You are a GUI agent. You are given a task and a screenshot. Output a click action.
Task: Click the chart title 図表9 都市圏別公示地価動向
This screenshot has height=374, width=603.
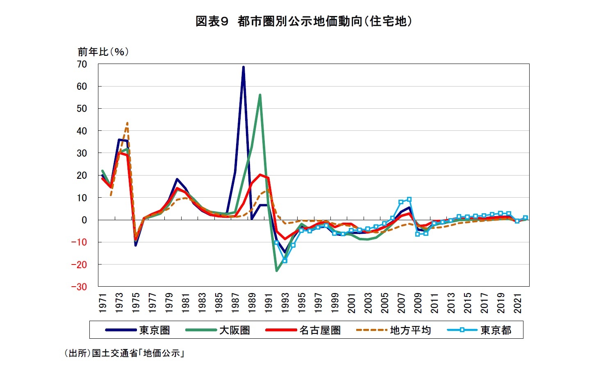303,21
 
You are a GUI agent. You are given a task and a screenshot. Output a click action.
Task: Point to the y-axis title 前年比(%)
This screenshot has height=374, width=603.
103,52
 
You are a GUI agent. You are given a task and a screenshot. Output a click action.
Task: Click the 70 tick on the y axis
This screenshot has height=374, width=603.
82,64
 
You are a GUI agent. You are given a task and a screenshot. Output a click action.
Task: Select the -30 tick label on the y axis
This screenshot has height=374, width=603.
79,287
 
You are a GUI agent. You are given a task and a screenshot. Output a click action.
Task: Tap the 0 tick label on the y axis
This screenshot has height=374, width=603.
84,220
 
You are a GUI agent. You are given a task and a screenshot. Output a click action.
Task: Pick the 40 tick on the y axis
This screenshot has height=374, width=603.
82,131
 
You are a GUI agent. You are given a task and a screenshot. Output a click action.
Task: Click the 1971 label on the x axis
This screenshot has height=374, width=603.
103,303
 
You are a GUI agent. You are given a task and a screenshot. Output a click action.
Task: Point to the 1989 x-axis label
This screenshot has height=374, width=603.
252,303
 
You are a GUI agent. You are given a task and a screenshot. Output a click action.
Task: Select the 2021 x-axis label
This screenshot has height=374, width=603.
518,303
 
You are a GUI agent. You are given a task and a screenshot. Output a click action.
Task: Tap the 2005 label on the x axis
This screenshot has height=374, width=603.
385,303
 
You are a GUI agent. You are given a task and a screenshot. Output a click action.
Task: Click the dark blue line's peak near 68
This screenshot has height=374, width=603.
243,67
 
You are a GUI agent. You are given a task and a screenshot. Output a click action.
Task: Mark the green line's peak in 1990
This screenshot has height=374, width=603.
260,95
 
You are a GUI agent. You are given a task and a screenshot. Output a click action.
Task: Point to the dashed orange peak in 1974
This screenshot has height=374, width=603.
127,123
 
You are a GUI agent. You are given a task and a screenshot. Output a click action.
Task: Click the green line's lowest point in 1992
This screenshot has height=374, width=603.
277,271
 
